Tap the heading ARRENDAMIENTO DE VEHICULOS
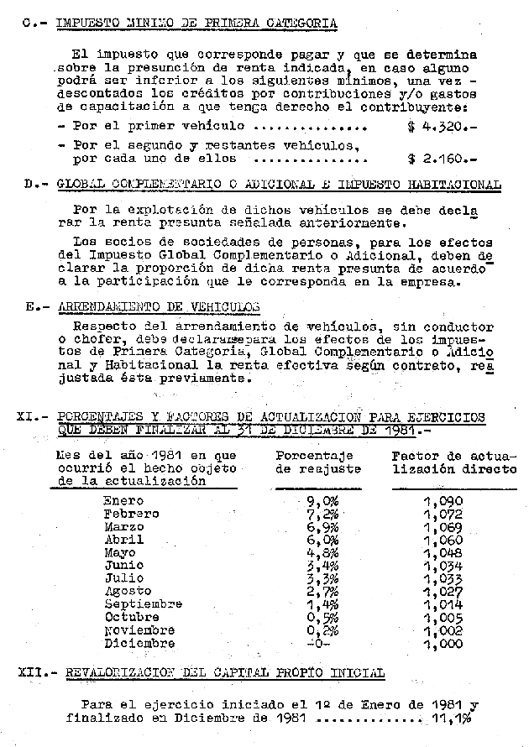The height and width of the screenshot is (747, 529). coord(159,307)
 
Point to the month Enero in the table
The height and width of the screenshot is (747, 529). coord(123,501)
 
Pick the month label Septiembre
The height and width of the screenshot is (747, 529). coord(143,603)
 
